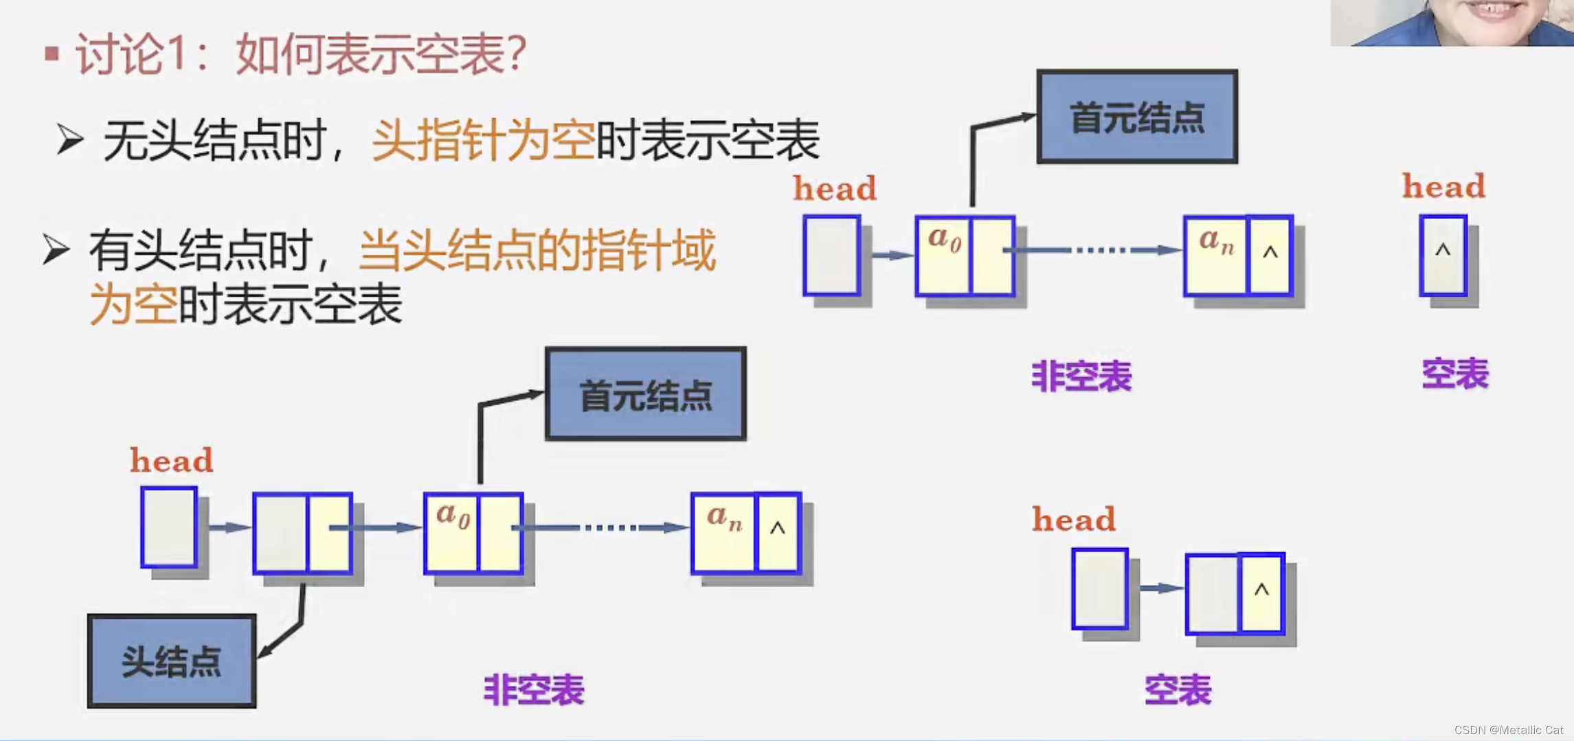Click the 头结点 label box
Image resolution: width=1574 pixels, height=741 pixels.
coord(172,661)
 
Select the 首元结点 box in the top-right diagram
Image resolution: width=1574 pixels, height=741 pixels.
coord(1137,117)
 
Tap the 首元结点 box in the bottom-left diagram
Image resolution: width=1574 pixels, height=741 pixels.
coord(646,394)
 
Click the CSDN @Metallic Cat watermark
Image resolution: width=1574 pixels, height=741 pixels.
coord(1508,730)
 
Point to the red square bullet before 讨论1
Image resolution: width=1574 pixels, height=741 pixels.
coord(52,54)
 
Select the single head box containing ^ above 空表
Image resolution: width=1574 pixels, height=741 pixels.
coord(1443,255)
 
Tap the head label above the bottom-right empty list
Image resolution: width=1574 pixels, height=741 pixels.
coord(1074,519)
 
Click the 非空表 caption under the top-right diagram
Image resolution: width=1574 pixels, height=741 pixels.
coord(1081,376)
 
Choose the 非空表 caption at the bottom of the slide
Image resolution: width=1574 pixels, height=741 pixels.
coord(534,689)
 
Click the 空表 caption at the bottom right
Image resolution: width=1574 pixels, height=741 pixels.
coord(1178,689)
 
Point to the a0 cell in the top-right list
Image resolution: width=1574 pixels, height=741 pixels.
coord(943,255)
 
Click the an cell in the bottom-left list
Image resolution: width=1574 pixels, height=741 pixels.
coord(723,532)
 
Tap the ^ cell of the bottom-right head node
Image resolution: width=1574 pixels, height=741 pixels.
coord(1261,593)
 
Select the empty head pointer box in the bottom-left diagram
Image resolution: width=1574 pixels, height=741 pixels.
coord(169,527)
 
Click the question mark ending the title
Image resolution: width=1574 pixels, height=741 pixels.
coord(516,54)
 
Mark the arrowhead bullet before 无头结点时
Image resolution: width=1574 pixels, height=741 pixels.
coord(69,139)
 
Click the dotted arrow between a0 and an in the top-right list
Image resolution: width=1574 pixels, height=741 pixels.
coord(1099,250)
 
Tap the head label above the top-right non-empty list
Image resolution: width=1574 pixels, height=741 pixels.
coord(835,188)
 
